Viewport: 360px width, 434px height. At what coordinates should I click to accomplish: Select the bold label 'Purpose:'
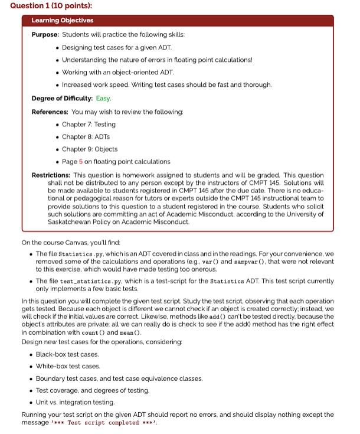tap(45, 35)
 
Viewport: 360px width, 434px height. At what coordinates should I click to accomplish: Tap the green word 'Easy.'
tap(103, 98)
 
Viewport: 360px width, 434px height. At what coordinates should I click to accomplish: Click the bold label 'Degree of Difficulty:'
tap(62, 98)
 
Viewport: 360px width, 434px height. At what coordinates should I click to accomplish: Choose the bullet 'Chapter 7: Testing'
tap(89, 125)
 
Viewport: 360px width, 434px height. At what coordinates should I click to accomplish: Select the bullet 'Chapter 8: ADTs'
tap(84, 137)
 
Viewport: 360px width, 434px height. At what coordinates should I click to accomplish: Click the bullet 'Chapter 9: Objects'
tap(90, 149)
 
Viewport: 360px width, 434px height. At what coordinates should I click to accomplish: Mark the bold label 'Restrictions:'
tap(51, 175)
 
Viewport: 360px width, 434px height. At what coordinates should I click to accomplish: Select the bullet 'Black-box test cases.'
tap(67, 354)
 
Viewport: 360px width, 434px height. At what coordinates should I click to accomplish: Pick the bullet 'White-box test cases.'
tap(68, 366)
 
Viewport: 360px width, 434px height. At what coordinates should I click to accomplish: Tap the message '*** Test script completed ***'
tap(104, 423)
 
